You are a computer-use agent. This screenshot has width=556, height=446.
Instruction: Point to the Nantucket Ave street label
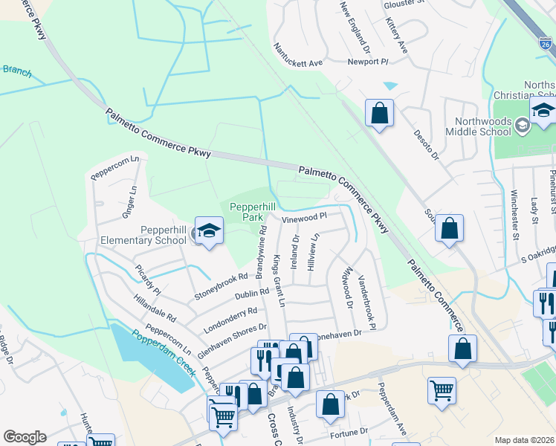tap(297, 54)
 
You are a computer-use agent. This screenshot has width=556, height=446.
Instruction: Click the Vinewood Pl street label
tap(304, 218)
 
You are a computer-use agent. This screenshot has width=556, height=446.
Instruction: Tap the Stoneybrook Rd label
tap(221, 287)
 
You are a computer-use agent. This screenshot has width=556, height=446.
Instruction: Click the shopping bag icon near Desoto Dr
tap(379, 114)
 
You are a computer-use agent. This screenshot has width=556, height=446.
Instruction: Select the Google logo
tap(25, 437)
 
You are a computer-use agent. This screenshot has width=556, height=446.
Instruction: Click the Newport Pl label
tap(368, 62)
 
